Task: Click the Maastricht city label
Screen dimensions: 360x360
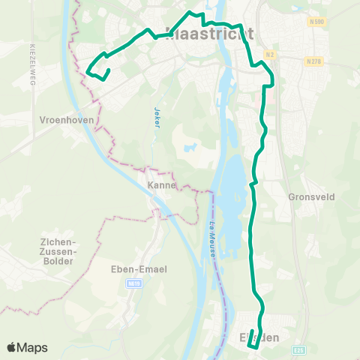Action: pos(208,33)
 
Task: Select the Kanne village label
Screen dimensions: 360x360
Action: pos(161,185)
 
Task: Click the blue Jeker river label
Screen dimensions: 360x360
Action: pos(157,117)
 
